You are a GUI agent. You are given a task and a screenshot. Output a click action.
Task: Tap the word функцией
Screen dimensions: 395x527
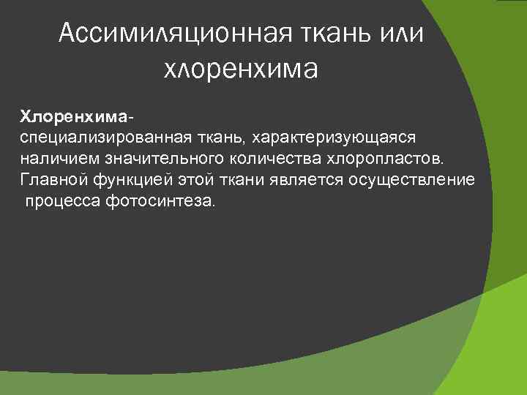pos(118,180)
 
